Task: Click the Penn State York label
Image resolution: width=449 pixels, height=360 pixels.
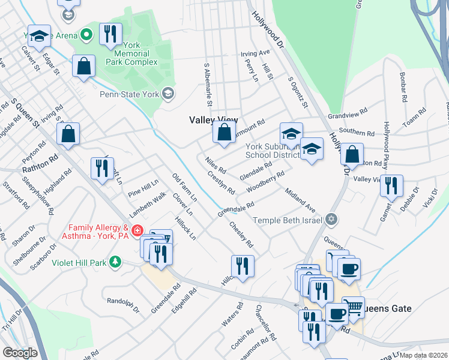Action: (x=129, y=94)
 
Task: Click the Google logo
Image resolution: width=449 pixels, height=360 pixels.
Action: (x=20, y=353)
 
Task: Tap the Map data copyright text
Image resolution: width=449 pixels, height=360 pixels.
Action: (x=423, y=355)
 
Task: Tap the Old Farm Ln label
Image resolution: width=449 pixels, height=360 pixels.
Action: (x=185, y=187)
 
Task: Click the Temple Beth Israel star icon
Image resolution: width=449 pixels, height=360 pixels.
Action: (x=330, y=220)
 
